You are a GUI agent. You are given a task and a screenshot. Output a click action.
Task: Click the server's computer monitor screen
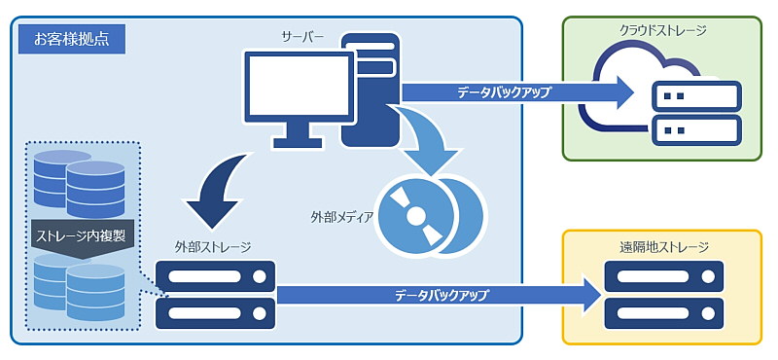299,90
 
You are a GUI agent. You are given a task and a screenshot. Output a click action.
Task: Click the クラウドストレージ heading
662,30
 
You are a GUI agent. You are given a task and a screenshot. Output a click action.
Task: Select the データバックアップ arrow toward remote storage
438,294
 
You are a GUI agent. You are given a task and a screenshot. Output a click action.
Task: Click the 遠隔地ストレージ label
663,247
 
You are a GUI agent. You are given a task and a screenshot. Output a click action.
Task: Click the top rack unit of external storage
215,278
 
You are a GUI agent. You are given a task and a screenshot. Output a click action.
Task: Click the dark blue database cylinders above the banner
78,180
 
